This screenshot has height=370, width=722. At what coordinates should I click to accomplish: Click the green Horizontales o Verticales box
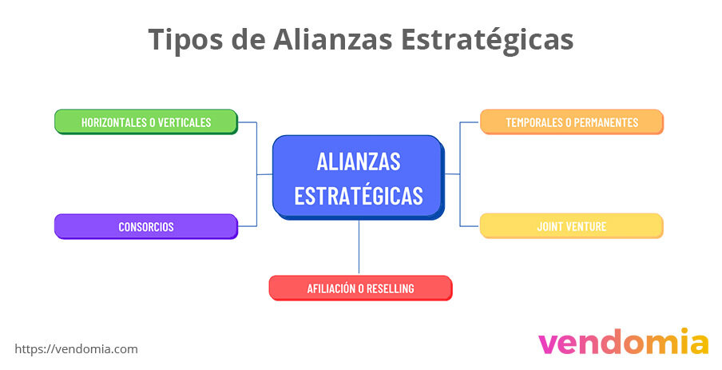pos(146,121)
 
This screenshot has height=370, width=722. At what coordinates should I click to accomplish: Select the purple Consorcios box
pos(146,226)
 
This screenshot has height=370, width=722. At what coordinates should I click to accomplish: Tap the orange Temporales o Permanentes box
pos(571,121)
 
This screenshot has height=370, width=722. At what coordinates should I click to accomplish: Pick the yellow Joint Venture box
pos(571,226)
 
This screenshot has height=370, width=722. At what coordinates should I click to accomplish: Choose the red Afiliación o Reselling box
pos(360,288)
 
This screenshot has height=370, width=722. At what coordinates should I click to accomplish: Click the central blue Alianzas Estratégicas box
pos(358,177)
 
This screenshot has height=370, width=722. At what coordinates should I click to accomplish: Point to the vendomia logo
pos(623,342)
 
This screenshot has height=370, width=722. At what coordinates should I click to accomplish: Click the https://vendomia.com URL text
pos(77,349)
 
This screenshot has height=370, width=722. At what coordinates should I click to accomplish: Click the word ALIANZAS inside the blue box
pos(358,161)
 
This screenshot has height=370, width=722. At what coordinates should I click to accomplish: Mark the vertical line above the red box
pos(359,247)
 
